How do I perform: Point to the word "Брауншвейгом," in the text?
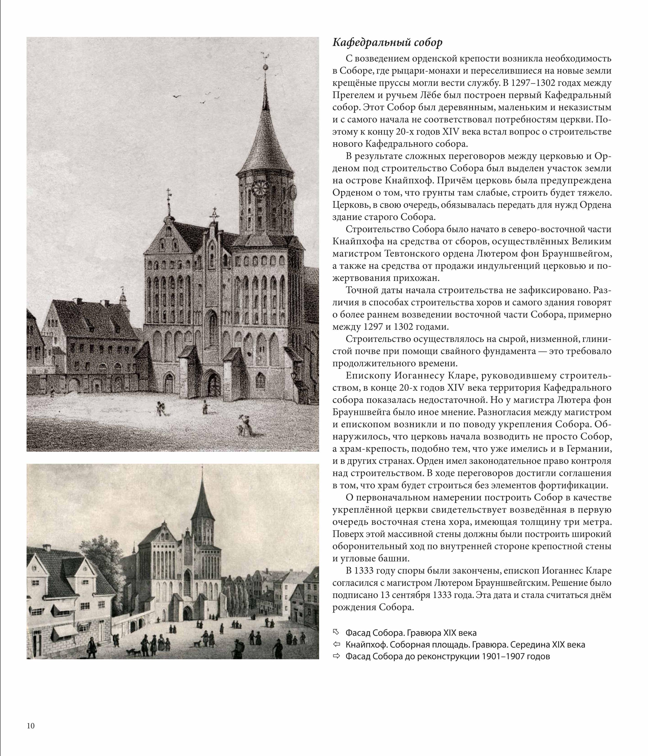(x=570, y=254)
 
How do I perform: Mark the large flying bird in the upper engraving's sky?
(x=177, y=96)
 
